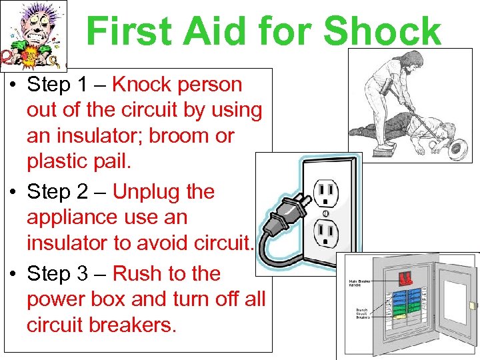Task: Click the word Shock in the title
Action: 381,31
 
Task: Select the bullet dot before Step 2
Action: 13,193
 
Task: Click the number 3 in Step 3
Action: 99,274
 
